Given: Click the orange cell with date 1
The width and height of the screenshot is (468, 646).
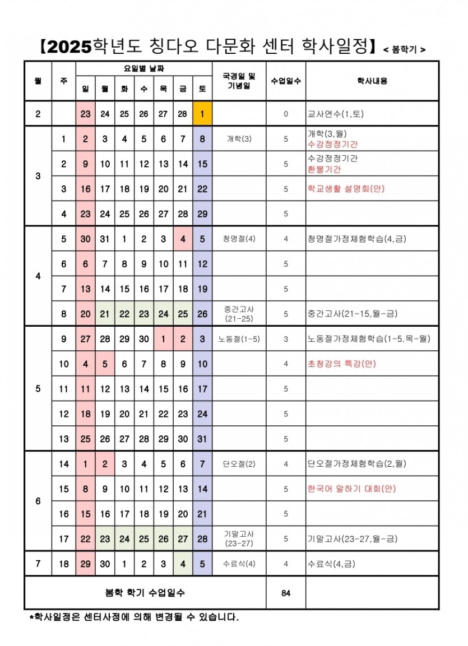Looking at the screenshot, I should (202, 114).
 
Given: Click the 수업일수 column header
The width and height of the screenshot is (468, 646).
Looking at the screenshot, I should (285, 81).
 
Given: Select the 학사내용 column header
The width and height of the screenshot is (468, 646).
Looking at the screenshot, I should (372, 81).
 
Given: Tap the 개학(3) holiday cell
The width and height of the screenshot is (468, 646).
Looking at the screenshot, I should (239, 139).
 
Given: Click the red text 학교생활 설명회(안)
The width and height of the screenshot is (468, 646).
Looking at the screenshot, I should (346, 189).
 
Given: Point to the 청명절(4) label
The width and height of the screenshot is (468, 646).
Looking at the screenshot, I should (239, 239).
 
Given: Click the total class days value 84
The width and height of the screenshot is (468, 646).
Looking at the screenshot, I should (285, 592).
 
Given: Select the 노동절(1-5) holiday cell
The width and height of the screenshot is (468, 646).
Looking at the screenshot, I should (239, 339).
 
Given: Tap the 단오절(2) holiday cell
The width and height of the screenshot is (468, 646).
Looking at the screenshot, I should (239, 464).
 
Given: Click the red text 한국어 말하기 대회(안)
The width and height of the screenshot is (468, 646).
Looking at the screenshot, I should (351, 489).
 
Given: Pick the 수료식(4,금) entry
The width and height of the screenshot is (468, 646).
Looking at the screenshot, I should (331, 564).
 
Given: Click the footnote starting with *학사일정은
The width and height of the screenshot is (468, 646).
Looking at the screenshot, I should (133, 617).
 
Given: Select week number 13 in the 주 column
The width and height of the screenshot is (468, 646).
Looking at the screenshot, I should (64, 439).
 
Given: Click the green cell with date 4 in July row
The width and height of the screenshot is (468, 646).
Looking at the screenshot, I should (183, 564).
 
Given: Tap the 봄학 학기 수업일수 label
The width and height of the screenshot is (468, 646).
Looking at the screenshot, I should (145, 592).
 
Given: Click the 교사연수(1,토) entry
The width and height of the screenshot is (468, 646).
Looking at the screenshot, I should (335, 114).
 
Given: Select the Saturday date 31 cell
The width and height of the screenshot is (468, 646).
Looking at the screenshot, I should (202, 439).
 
